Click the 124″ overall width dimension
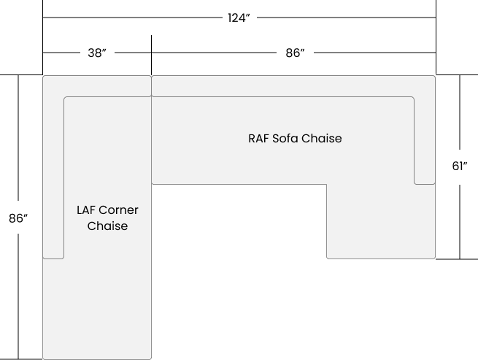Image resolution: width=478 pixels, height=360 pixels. coord(239,18)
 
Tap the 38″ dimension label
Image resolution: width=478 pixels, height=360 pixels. coord(97,53)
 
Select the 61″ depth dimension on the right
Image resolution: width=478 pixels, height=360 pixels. coord(460,166)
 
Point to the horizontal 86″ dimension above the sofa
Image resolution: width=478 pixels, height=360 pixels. coord(295,53)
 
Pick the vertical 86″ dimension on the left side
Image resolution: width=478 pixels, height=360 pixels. coord(18,218)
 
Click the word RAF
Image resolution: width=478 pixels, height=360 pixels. coord(259,139)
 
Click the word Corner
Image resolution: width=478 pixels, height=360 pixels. coord(118,210)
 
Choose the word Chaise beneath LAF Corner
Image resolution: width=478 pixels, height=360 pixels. coord(107,226)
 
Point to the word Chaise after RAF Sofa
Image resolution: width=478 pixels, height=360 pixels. coord(322,139)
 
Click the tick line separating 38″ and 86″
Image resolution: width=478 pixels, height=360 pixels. coord(152,55)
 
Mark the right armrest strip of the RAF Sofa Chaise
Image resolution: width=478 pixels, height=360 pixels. coord(425,140)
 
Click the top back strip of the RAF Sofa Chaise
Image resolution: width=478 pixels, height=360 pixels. coord(293,86)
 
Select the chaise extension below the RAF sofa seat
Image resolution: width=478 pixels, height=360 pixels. coord(381,221)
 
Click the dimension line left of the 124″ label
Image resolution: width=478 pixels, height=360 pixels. coord(133,18)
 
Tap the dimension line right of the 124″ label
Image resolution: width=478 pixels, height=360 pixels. coord(347,18)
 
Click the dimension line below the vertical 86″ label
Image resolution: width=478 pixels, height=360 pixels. coord(18,296)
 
